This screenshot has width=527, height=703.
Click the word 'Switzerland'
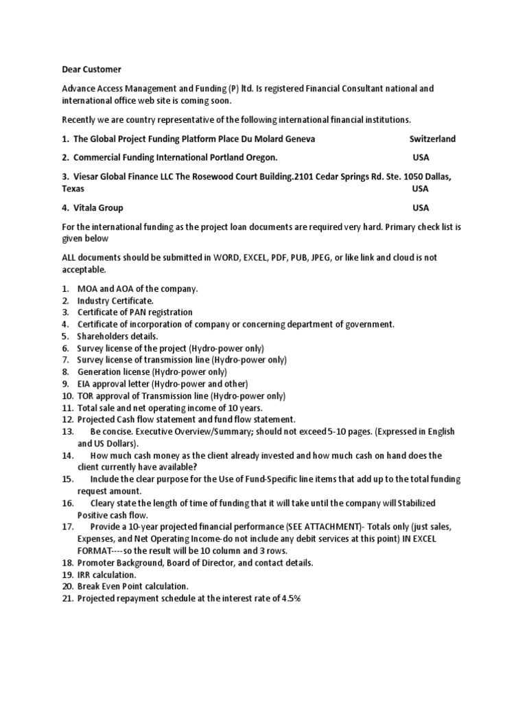click(x=432, y=139)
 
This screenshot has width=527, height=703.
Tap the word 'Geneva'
click(x=296, y=139)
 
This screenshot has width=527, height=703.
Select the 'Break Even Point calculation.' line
click(x=132, y=586)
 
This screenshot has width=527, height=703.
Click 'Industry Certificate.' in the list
click(x=115, y=301)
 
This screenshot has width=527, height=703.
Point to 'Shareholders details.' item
click(x=117, y=336)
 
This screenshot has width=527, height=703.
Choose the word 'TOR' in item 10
click(x=86, y=396)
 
